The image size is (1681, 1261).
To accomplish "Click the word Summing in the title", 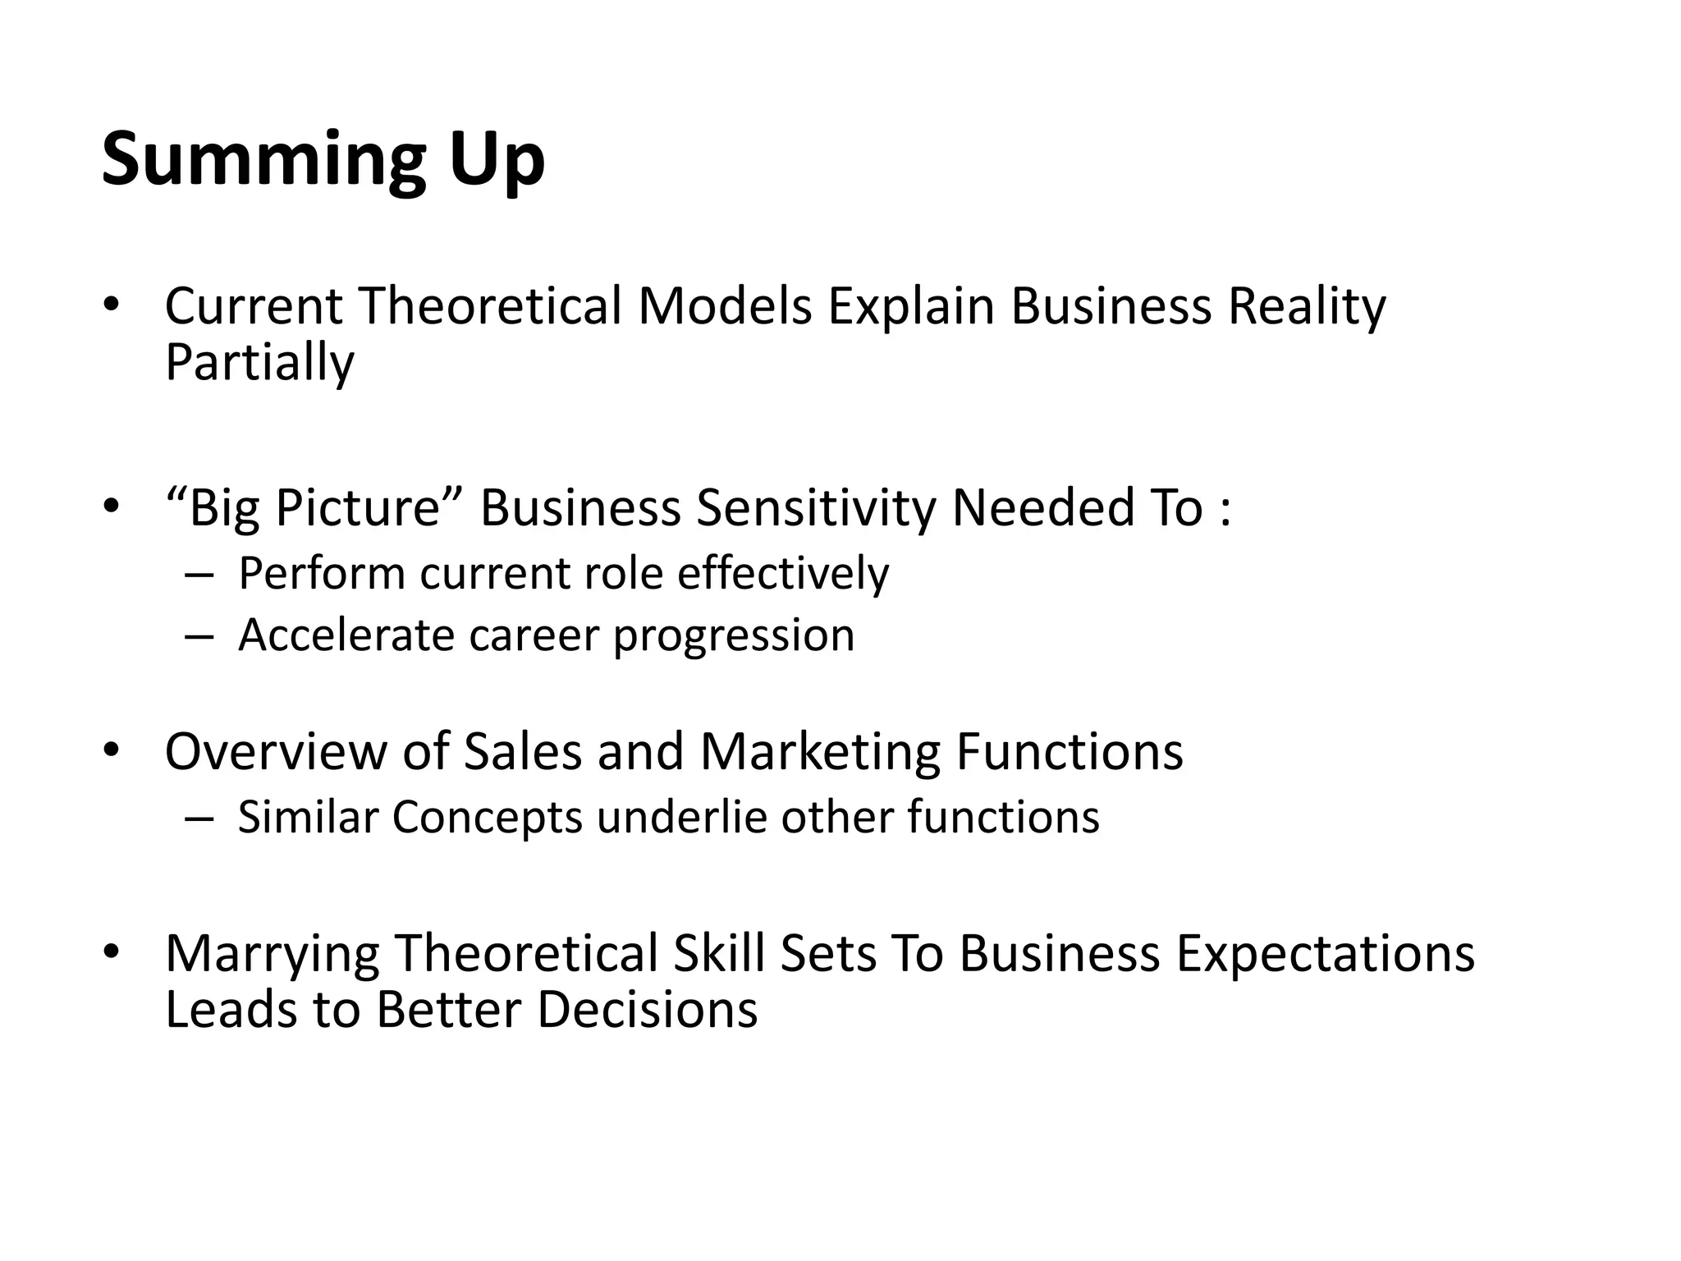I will [x=263, y=160].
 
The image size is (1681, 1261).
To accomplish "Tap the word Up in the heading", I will [x=497, y=160].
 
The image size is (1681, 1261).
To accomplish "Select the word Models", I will [x=725, y=306].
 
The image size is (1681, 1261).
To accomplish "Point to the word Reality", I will [x=1307, y=306].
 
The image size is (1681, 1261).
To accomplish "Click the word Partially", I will [x=259, y=362].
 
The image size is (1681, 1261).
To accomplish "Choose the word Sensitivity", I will [x=816, y=507].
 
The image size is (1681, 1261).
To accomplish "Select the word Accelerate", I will [x=346, y=635].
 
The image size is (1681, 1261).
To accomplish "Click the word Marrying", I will [x=272, y=954].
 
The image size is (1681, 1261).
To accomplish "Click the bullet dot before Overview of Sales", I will [x=112, y=750].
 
